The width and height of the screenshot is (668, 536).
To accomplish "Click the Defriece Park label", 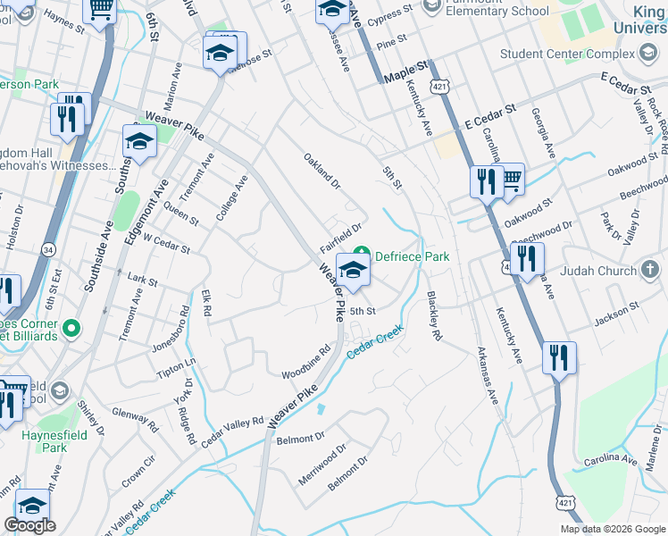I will pos(412,256).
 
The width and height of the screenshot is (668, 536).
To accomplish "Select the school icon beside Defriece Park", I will pos(353,271).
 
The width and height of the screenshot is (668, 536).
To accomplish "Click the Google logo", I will pos(29,525).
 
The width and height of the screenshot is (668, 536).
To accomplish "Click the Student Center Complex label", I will pos(566,54).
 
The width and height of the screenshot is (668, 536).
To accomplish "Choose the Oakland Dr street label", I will pos(322,172).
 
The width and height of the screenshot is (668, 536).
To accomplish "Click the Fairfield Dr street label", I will pos(341,237).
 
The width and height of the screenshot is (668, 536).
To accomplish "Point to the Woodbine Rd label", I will pos(306,362).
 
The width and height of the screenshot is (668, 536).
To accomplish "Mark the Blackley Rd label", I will pos(434,318).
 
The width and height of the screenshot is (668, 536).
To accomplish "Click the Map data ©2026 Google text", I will pos(612,529).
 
